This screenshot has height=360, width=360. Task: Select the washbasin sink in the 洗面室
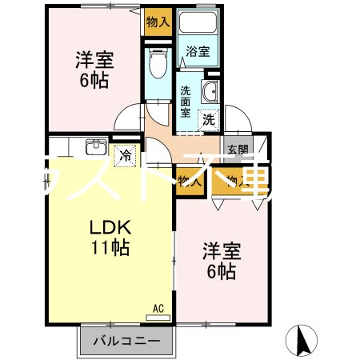tap(212, 92)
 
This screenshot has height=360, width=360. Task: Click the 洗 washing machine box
tap(208, 120)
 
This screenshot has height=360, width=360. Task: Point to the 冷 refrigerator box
tap(126, 155)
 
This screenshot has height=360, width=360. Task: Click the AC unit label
tap(158, 307)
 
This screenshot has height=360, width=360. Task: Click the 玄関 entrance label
tap(237, 150)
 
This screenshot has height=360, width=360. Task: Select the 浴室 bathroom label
tap(198, 52)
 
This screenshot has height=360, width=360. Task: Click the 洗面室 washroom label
tap(186, 102)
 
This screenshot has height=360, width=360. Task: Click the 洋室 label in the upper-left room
tap(94, 59)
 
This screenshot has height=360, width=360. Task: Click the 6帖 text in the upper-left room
tap(94, 80)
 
